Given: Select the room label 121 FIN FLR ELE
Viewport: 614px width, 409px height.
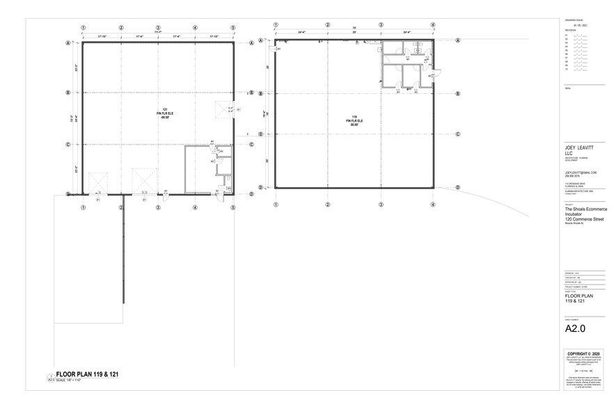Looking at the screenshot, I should [x=165, y=115].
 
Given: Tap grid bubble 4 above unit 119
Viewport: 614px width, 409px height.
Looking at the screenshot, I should [x=433, y=25].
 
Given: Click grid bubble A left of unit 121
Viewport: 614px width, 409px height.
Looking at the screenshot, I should [x=68, y=42].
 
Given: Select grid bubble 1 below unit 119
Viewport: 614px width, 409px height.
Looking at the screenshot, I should [x=276, y=205].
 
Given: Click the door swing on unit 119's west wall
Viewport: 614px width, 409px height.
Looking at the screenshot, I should [x=278, y=48].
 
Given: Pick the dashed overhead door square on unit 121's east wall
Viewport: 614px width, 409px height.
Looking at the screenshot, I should [x=225, y=110].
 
